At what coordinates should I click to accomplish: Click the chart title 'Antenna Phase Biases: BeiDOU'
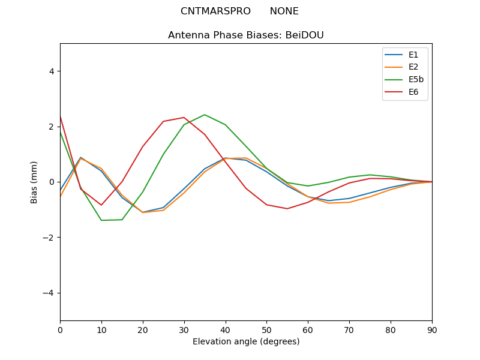click(245, 35)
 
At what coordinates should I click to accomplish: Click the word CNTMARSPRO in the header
click(215, 11)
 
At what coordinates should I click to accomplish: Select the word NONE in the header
click(284, 11)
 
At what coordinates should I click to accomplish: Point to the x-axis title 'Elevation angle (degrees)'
click(245, 341)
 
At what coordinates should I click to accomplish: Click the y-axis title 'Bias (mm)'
click(34, 182)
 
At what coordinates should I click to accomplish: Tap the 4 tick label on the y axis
click(51, 71)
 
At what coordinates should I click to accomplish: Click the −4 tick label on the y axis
click(49, 293)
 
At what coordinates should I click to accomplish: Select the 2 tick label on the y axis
click(51, 127)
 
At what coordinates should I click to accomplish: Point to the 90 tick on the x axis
click(431, 329)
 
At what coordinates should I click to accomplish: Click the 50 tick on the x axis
click(266, 329)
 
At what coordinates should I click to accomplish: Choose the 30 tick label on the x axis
click(184, 329)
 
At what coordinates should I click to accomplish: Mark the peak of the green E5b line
click(205, 115)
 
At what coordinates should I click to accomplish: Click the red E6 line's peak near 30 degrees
click(184, 118)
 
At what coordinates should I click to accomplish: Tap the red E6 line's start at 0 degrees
click(60, 116)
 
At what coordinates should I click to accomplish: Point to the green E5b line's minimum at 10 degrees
click(101, 220)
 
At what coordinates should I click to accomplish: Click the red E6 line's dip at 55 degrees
click(287, 209)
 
